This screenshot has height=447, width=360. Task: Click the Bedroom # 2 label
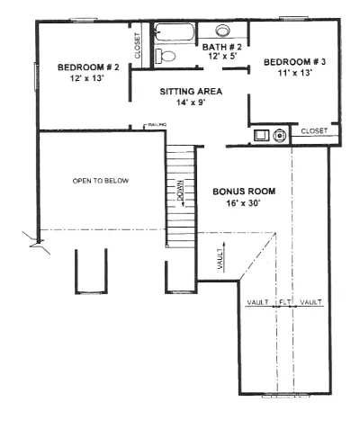(88, 67)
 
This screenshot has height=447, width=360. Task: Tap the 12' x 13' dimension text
(87, 78)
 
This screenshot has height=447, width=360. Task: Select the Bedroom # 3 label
(294, 62)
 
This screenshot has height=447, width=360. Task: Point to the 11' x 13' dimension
(295, 73)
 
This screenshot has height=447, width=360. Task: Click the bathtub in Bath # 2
(174, 31)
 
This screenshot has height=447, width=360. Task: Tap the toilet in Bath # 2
(166, 56)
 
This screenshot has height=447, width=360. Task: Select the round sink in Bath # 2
(222, 31)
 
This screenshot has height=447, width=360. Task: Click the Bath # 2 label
(221, 47)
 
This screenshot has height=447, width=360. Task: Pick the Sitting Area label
(191, 92)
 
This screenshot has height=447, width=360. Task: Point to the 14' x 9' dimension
(191, 103)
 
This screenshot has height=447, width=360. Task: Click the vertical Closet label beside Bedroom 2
(138, 46)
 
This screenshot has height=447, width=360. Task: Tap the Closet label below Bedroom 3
(314, 131)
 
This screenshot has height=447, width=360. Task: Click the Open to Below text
(101, 181)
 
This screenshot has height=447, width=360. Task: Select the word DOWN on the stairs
(181, 192)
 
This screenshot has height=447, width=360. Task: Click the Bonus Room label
(244, 192)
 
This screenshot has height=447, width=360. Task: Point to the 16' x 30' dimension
(243, 203)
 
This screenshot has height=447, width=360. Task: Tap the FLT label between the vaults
(283, 302)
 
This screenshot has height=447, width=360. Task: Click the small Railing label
(157, 124)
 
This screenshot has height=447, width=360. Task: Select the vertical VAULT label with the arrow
(220, 259)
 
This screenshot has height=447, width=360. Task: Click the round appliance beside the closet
(280, 136)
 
